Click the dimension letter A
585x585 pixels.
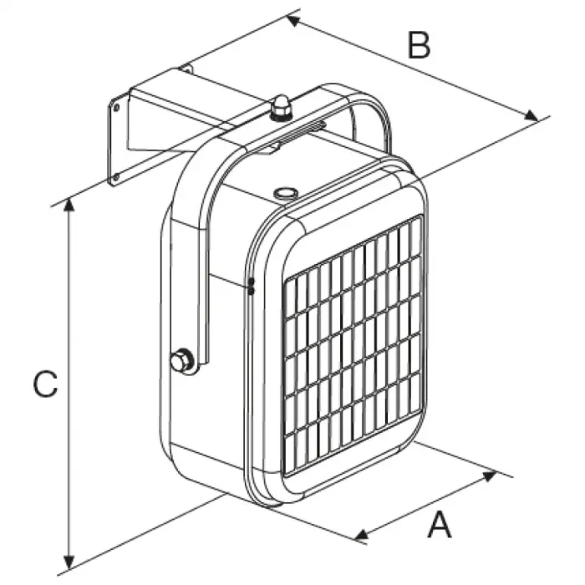(440, 525)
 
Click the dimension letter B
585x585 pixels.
(419, 45)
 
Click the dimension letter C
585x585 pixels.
(45, 384)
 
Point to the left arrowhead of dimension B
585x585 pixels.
(293, 21)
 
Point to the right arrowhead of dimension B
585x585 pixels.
(532, 115)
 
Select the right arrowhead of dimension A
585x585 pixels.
(490, 476)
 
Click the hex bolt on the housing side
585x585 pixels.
(181, 360)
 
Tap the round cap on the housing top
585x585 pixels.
(286, 193)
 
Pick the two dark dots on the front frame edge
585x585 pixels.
(251, 286)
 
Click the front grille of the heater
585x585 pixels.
(353, 345)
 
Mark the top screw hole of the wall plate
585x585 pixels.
(116, 108)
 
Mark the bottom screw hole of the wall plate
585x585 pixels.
(115, 177)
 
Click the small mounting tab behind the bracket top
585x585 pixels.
(186, 69)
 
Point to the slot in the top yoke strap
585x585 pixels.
(303, 130)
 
